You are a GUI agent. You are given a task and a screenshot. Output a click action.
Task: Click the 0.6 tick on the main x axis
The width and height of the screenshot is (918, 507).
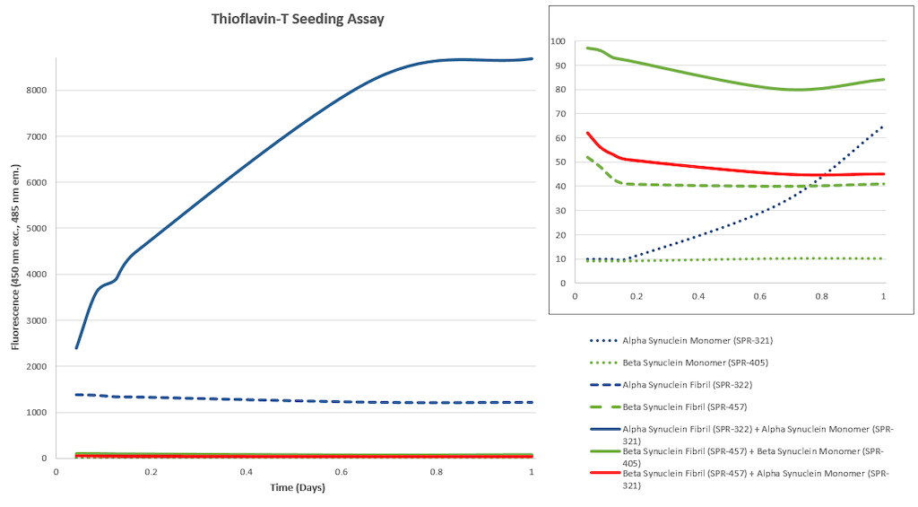point(342,472)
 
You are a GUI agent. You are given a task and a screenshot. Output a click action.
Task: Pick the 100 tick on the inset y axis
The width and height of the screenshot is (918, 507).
point(559,41)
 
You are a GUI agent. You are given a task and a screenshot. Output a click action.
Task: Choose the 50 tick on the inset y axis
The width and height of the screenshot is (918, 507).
point(561,162)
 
